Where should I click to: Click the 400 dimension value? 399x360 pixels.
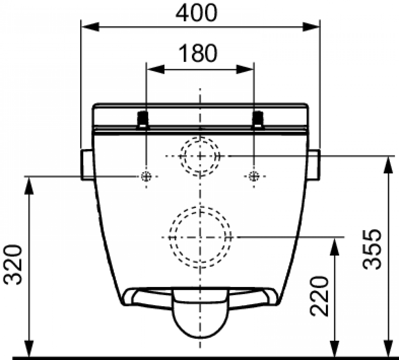pyautogui.click(x=196, y=13)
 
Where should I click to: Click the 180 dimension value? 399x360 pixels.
pyautogui.click(x=198, y=53)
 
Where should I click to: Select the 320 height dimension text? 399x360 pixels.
pyautogui.click(x=12, y=265)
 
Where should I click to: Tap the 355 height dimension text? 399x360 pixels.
pyautogui.click(x=372, y=250)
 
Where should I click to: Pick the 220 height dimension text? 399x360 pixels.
pyautogui.click(x=319, y=296)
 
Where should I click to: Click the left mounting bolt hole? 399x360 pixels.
pyautogui.click(x=146, y=176)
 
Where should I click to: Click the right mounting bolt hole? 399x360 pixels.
pyautogui.click(x=254, y=176)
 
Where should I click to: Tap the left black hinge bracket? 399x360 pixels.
pyautogui.click(x=143, y=120)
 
